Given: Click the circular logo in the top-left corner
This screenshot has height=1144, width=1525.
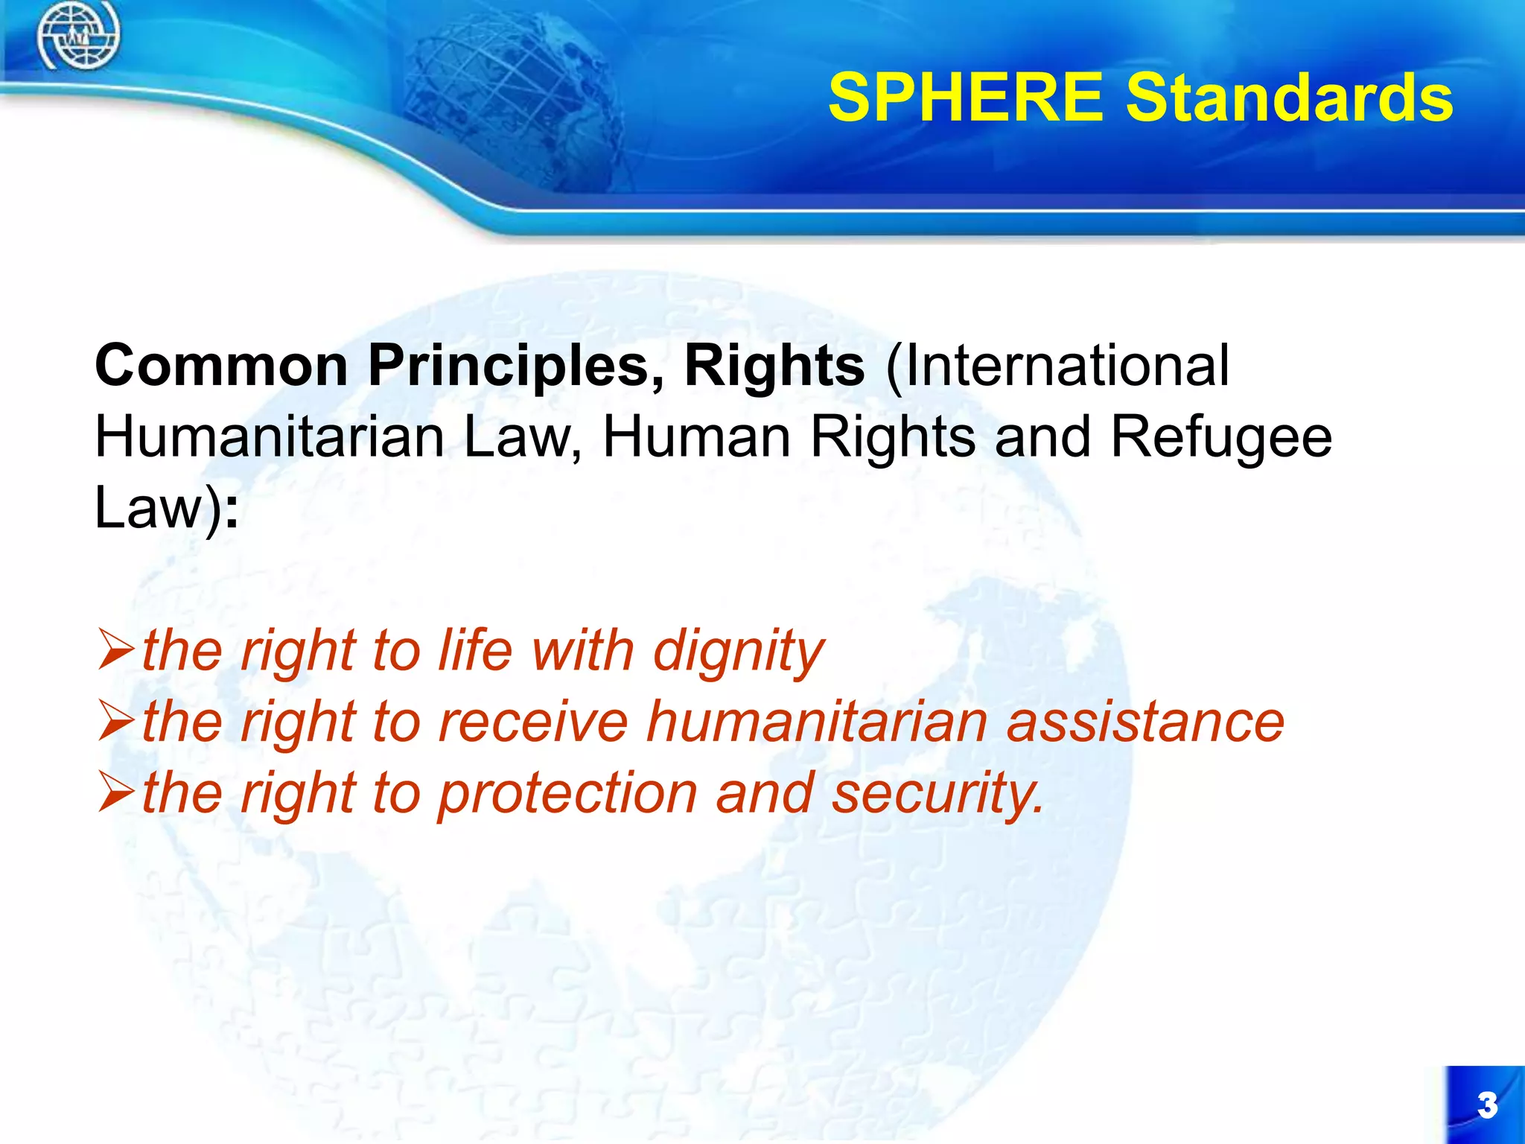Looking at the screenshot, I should [x=77, y=34].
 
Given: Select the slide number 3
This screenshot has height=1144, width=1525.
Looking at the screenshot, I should [x=1487, y=1105].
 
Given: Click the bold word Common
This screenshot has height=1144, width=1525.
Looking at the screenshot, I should [x=222, y=366].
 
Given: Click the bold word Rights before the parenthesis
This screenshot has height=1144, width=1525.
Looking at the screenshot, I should [x=774, y=366].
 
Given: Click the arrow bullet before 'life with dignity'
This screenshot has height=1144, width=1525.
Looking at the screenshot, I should [x=115, y=649].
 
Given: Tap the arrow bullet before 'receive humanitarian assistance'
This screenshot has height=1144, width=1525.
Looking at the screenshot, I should [x=115, y=721].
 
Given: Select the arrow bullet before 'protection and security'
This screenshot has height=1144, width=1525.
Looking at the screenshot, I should [x=115, y=792].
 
